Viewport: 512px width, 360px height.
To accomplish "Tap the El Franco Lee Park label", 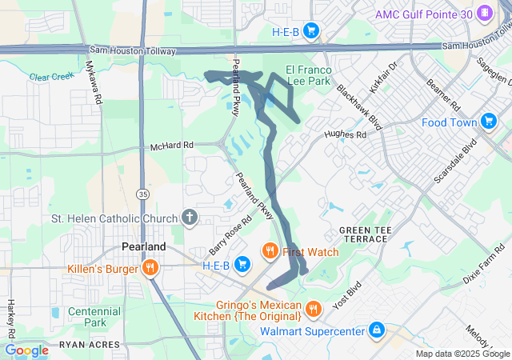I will pyautogui.click(x=308, y=75).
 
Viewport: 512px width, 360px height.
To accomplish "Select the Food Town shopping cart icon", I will pyautogui.click(x=490, y=122).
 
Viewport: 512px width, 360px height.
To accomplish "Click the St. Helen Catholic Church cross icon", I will pyautogui.click(x=190, y=217).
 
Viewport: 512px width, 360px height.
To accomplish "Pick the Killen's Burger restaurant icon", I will pyautogui.click(x=150, y=269).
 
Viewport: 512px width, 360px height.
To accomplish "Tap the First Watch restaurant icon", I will pyautogui.click(x=270, y=252).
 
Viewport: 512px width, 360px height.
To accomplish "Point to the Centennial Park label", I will pyautogui.click(x=94, y=317).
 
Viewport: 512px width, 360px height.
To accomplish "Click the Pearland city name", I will pyautogui.click(x=143, y=246).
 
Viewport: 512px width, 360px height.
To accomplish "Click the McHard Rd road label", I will pyautogui.click(x=172, y=146).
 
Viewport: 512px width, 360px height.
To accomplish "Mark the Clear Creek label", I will pyautogui.click(x=50, y=78).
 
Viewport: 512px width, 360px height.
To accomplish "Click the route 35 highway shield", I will pyautogui.click(x=142, y=194).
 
